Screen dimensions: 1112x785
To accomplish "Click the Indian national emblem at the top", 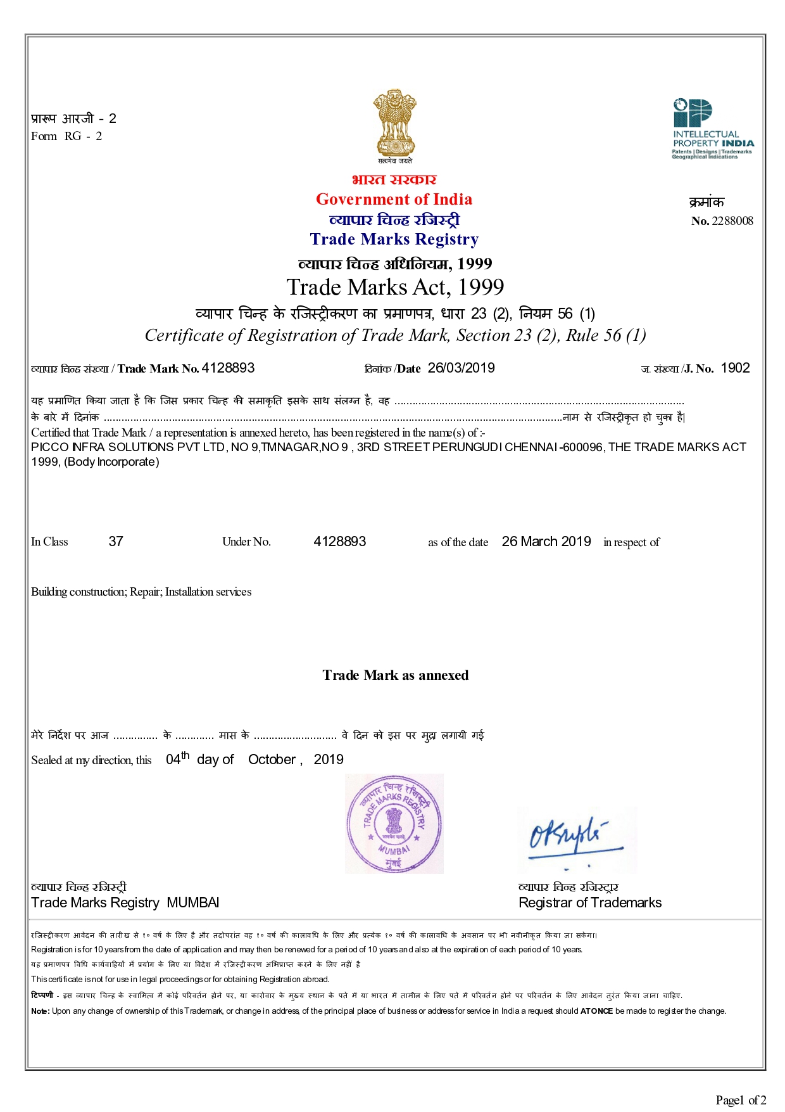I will point(394,124).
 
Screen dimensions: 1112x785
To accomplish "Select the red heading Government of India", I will point(394,200).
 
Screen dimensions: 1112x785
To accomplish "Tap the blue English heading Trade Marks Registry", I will point(394,240).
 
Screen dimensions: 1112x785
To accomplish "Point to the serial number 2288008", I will point(732,221).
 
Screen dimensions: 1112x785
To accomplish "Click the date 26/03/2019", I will point(461,368).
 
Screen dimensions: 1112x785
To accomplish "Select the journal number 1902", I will point(735,368).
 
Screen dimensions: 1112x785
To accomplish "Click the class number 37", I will point(116,542).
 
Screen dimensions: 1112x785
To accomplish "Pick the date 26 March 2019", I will point(546,542).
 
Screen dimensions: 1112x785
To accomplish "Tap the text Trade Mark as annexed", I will point(395,675).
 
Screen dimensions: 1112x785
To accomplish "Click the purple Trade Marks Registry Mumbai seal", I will point(394,823).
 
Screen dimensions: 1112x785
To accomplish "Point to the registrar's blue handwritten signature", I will point(573,836).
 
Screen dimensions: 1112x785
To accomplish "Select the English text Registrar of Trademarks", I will point(589,903).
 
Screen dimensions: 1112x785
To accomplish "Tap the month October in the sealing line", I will point(272,760).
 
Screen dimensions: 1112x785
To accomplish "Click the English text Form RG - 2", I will point(66,136).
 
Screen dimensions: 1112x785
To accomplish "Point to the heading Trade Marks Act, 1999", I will point(395,288).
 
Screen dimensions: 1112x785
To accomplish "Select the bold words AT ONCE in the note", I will point(596,1011).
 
